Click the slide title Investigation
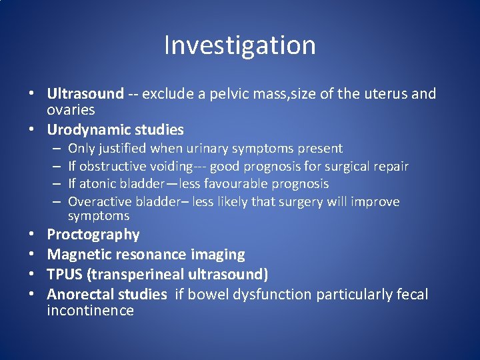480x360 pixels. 240,45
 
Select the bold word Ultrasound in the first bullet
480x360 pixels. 85,94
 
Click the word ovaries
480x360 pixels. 71,110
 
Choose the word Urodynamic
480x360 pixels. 85,129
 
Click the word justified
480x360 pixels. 123,149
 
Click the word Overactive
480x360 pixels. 100,201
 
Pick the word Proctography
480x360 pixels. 93,235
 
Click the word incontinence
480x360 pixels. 90,311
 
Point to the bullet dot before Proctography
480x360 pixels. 32,235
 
